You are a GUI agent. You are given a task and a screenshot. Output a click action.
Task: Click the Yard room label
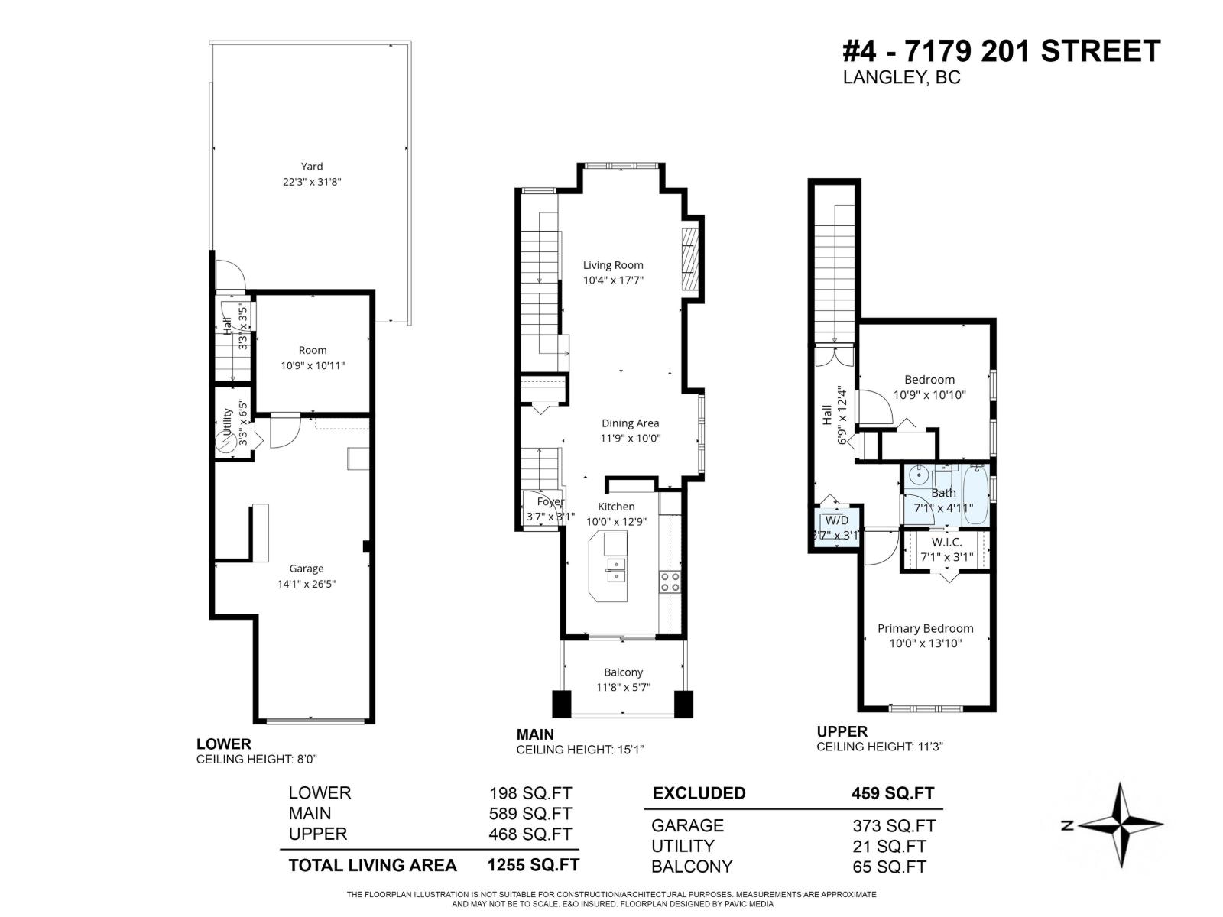pyautogui.click(x=311, y=166)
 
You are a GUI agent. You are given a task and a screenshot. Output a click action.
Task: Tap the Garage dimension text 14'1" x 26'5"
pyautogui.click(x=307, y=584)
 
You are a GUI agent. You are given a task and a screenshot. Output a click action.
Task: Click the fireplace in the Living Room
pyautogui.click(x=690, y=261)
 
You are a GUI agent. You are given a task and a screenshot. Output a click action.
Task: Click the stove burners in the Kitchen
pyautogui.click(x=670, y=582)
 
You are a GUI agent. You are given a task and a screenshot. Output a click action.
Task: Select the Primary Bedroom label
pyautogui.click(x=925, y=628)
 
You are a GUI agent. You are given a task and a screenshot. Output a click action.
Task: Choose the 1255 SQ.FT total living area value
pyautogui.click(x=533, y=865)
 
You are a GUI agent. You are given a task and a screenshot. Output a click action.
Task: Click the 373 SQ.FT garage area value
pyautogui.click(x=894, y=825)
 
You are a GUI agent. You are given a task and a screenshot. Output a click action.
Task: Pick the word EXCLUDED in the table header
pyautogui.click(x=699, y=793)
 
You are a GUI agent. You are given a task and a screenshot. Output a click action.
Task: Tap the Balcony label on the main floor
pyautogui.click(x=623, y=672)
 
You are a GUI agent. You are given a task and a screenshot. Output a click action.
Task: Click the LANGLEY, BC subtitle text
pyautogui.click(x=901, y=77)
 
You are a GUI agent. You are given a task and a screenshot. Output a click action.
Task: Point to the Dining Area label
pyautogui.click(x=630, y=423)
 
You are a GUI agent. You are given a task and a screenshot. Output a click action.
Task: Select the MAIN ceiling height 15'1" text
pyautogui.click(x=580, y=750)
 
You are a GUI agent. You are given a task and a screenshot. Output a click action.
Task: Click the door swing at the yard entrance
pyautogui.click(x=229, y=275)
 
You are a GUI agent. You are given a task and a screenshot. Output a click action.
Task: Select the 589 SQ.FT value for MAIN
pyautogui.click(x=530, y=814)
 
